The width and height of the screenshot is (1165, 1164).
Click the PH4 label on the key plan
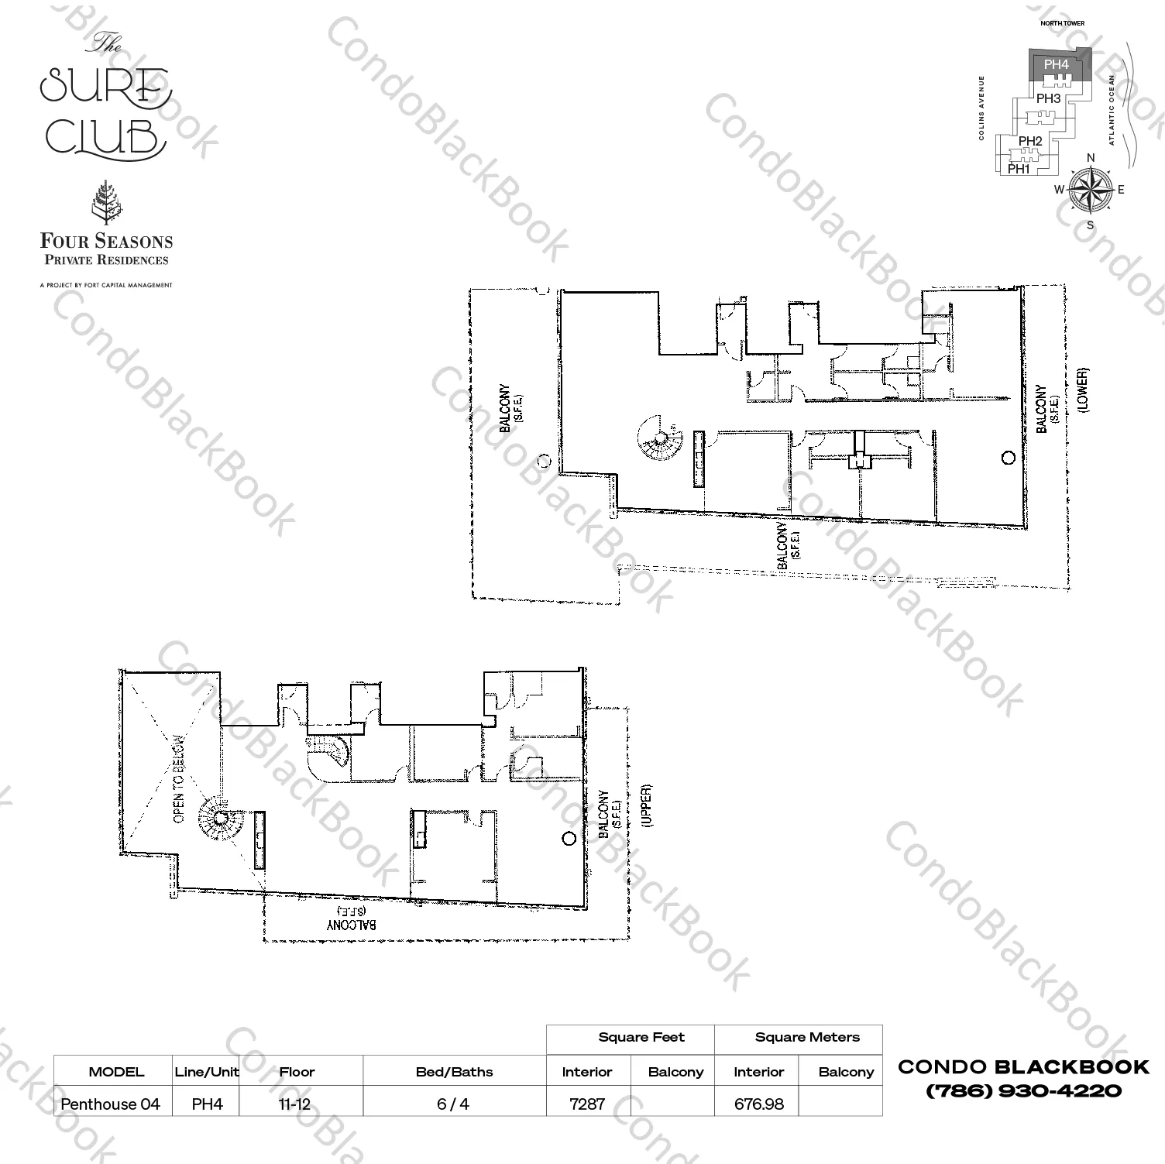(1056, 65)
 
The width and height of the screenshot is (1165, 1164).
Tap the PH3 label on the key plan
(1048, 99)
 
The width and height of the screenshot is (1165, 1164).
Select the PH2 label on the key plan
(1030, 141)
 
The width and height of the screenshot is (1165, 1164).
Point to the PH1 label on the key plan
(1019, 168)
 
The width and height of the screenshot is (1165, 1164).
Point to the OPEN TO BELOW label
(179, 779)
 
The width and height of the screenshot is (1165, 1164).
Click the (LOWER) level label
(1082, 390)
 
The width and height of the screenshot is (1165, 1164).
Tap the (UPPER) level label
(647, 806)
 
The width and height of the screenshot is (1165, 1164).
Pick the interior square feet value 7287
(586, 1104)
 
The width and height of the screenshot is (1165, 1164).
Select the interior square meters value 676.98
(758, 1104)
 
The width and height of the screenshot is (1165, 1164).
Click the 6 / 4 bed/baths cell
(453, 1104)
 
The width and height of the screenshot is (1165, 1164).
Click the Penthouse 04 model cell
(111, 1104)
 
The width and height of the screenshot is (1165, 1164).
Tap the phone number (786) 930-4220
(1023, 1090)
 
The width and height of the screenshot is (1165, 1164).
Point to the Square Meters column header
(806, 1037)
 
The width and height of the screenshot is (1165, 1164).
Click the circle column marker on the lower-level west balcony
(544, 461)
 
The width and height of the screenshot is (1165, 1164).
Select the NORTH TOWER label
(1062, 23)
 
